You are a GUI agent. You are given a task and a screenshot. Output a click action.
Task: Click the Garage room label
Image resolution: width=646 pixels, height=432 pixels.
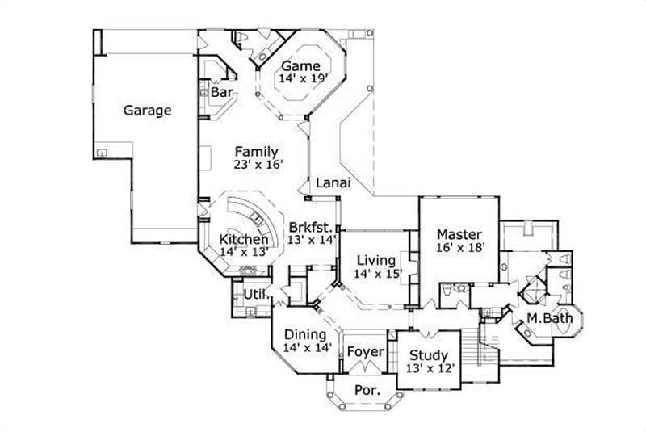click(147, 111)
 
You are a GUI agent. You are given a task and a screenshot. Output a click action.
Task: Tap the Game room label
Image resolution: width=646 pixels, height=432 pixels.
click(300, 66)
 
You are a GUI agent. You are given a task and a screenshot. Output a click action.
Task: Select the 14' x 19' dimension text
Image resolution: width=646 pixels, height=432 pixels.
click(300, 79)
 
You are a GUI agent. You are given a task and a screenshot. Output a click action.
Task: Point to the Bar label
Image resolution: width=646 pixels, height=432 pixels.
click(222, 94)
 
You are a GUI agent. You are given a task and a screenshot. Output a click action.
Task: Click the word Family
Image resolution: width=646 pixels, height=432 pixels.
click(257, 152)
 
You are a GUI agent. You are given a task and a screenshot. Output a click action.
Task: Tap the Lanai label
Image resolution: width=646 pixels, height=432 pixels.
click(332, 182)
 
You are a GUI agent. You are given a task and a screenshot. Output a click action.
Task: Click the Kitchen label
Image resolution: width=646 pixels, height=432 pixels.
click(244, 240)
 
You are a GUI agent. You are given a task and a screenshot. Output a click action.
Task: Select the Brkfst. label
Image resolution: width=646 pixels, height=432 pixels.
click(311, 226)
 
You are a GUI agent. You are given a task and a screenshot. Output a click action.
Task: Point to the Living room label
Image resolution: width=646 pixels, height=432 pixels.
click(376, 260)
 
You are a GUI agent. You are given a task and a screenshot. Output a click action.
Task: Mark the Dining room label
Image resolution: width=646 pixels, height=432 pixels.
click(305, 334)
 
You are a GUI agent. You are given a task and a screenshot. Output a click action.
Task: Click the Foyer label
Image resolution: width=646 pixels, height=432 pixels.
click(365, 352)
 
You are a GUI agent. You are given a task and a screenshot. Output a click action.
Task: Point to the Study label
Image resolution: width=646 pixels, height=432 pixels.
click(429, 355)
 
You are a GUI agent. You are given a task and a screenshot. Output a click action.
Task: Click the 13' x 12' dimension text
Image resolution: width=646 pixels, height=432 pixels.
click(429, 368)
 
